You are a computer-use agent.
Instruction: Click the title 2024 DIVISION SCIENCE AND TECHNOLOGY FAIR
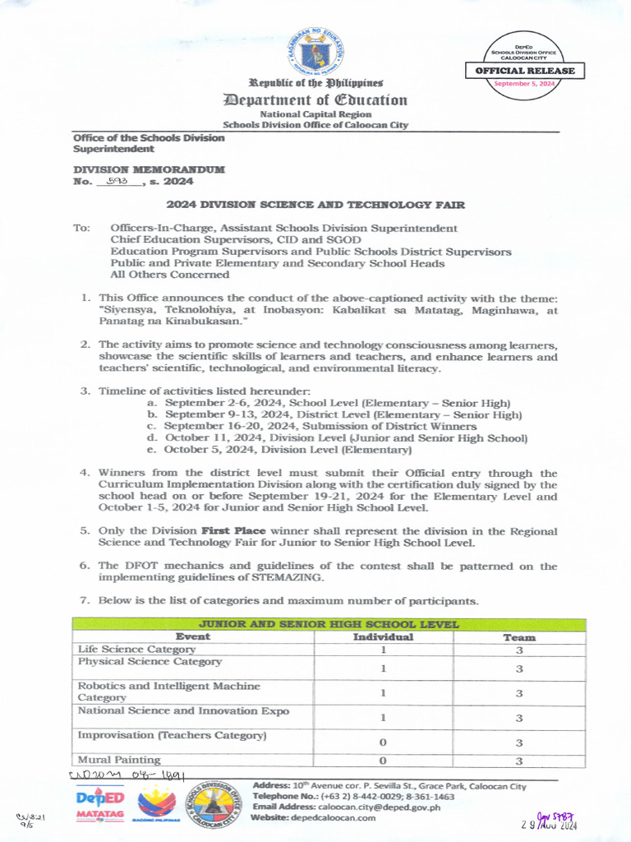click(315, 204)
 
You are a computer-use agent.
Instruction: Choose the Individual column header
click(383, 636)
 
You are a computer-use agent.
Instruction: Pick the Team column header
click(518, 637)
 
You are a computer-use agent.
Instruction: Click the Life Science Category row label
click(136, 650)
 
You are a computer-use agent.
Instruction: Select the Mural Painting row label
click(119, 760)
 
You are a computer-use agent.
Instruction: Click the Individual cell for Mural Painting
click(383, 761)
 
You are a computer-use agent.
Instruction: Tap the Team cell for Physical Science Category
click(518, 669)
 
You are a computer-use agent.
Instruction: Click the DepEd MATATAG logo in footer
click(99, 803)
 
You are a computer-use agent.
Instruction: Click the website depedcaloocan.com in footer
click(336, 818)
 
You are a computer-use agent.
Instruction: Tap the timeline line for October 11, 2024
click(344, 438)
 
